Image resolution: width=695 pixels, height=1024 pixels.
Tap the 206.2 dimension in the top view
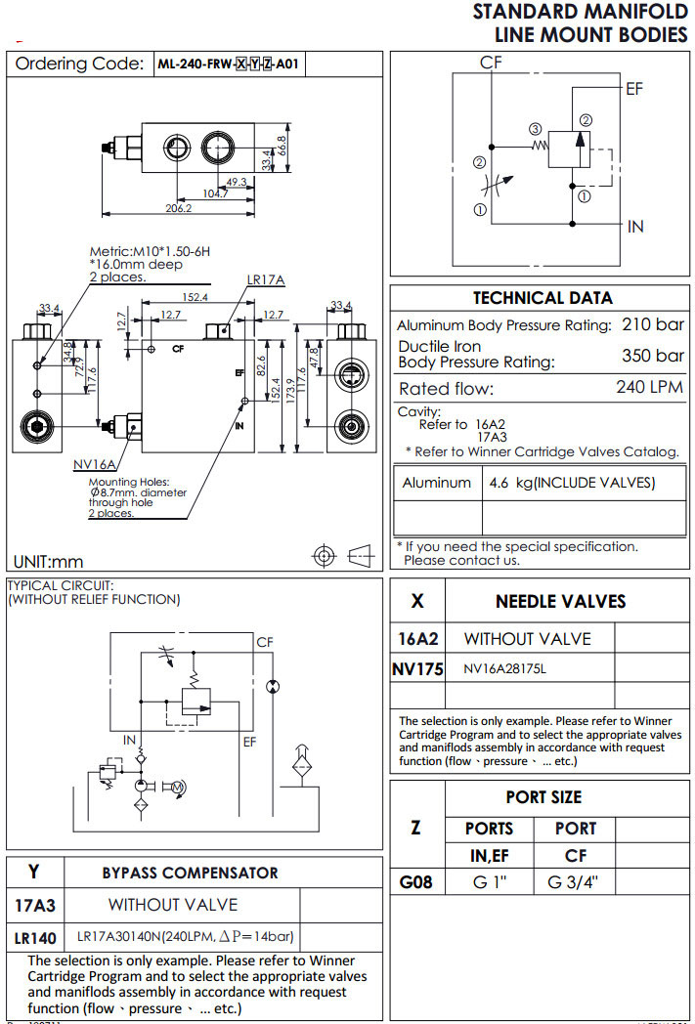click(177, 208)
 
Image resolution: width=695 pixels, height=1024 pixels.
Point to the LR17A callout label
click(265, 280)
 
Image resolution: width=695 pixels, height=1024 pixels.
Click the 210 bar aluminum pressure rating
click(653, 324)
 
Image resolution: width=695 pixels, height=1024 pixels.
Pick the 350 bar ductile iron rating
click(653, 356)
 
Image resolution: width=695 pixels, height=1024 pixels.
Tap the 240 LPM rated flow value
click(651, 388)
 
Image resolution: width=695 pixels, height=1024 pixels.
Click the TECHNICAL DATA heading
click(543, 298)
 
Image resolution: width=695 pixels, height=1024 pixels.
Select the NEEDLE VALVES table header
click(560, 601)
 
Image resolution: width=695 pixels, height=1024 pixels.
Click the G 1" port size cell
click(489, 882)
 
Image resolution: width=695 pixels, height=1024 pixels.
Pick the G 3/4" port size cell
click(574, 882)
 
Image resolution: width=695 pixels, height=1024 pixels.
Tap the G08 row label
click(416, 882)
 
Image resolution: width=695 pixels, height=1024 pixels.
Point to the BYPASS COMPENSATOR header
click(191, 873)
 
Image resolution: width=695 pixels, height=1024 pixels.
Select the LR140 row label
click(34, 937)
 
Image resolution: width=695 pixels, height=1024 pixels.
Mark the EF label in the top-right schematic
click(634, 89)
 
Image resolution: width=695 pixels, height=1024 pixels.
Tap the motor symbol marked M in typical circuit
click(177, 787)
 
